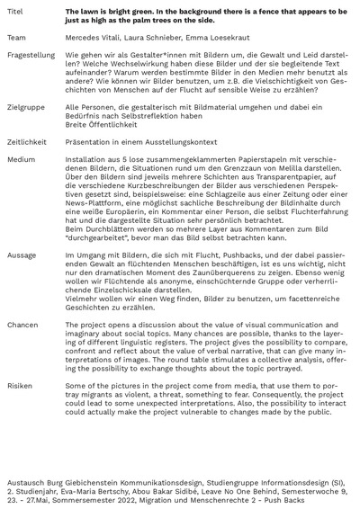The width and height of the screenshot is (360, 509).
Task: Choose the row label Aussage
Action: (x=22, y=255)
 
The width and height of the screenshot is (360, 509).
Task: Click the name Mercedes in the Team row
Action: (x=81, y=39)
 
